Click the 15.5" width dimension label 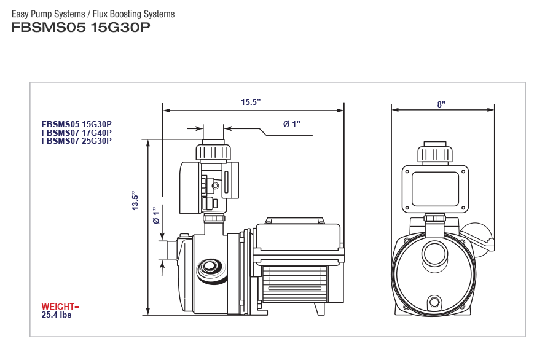(251, 102)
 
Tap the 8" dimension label (441, 104)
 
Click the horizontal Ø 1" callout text (291, 124)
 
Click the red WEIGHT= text (60, 306)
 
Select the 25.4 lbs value (57, 315)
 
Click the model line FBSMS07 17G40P (77, 132)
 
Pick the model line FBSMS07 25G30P (77, 140)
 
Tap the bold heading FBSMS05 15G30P (80, 28)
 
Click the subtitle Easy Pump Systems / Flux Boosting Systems (93, 14)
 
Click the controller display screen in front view (435, 189)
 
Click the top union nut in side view (213, 152)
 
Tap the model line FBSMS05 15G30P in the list (77, 123)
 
